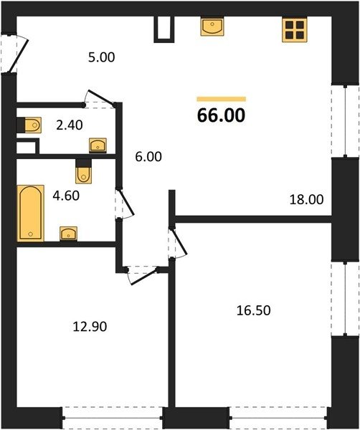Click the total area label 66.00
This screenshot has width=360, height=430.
(x=221, y=115)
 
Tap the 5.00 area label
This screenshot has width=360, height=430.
(x=102, y=57)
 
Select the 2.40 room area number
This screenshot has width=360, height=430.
(x=69, y=125)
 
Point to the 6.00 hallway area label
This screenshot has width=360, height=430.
(x=148, y=157)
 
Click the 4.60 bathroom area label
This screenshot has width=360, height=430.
(x=66, y=196)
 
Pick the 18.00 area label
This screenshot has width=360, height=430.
(x=306, y=200)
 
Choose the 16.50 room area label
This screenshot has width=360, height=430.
(x=254, y=311)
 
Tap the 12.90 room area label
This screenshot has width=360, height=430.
(x=90, y=327)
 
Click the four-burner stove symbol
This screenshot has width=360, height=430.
(x=295, y=30)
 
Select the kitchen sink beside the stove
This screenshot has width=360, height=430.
(x=212, y=27)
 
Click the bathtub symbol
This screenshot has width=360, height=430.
(x=30, y=214)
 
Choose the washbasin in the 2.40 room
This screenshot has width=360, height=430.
(x=98, y=145)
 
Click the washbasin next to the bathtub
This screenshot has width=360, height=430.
(x=68, y=234)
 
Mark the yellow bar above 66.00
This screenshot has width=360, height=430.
(x=221, y=99)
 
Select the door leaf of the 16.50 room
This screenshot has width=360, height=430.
(x=179, y=242)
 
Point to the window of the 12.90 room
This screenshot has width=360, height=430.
(x=113, y=418)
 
